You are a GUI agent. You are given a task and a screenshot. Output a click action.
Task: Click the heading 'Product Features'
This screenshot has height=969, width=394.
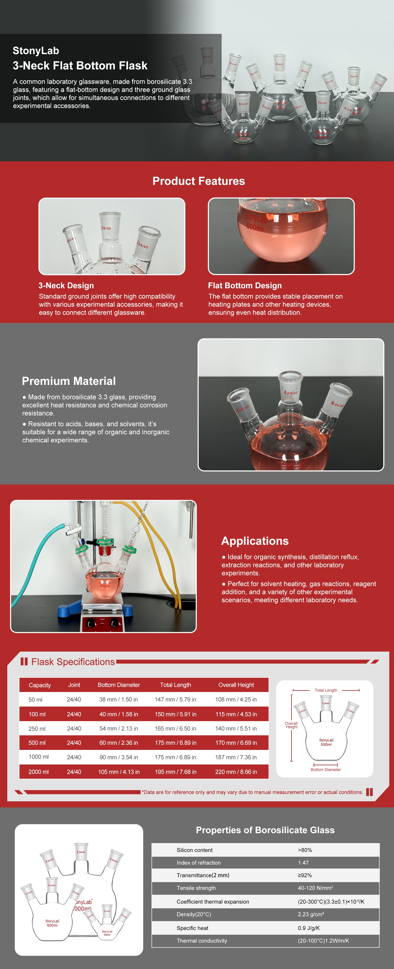tap(199, 181)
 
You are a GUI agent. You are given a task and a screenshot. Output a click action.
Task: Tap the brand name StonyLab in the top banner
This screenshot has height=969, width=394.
tap(36, 50)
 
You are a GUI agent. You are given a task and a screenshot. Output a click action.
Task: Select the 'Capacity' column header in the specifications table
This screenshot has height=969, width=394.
tap(39, 685)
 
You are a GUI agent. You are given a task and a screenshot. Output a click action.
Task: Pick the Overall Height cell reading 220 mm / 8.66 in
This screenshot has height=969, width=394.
tap(236, 772)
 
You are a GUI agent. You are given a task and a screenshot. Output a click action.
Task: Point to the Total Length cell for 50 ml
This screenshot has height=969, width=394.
tap(175, 699)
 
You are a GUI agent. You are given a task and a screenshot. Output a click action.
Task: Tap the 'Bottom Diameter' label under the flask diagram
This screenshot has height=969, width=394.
tap(326, 770)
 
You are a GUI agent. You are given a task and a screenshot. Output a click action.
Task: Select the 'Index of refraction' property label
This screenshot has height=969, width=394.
tap(199, 863)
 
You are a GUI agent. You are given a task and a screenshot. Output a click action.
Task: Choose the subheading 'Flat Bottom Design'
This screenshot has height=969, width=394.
tap(245, 285)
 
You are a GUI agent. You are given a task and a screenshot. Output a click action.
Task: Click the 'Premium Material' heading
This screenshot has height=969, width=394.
tap(69, 381)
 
